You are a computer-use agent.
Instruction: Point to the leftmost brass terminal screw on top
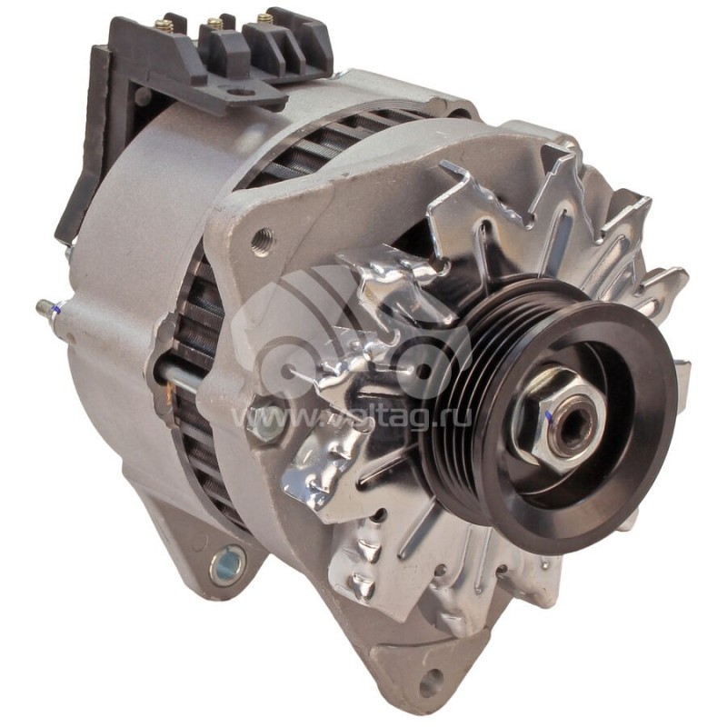point(164,25)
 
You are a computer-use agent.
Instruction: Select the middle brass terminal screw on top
point(214,22)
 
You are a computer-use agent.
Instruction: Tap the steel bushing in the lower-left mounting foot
point(227,566)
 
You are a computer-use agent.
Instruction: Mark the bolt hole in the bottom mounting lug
point(430,682)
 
